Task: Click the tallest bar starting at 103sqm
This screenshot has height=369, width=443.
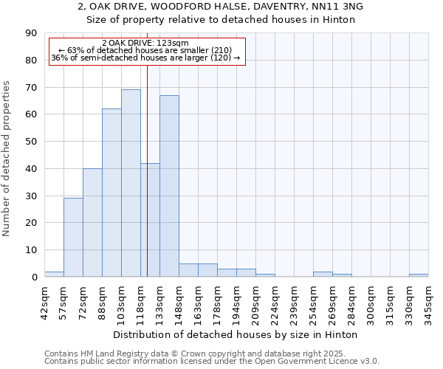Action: [131, 183]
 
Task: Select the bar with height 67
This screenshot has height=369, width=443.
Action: [169, 186]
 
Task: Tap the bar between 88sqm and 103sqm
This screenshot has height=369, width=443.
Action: [111, 193]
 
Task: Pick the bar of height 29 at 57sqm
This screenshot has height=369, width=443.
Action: [73, 238]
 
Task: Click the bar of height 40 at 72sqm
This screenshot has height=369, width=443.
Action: [92, 223]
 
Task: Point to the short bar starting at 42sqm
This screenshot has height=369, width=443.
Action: [54, 274]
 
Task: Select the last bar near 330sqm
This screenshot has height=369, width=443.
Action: [419, 275]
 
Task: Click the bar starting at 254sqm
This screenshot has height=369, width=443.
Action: [323, 274]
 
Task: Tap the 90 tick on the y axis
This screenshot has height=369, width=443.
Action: [32, 33]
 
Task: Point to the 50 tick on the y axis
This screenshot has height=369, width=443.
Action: [32, 142]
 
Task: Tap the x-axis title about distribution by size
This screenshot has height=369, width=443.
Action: [236, 334]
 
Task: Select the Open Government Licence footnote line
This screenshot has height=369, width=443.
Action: [212, 362]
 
